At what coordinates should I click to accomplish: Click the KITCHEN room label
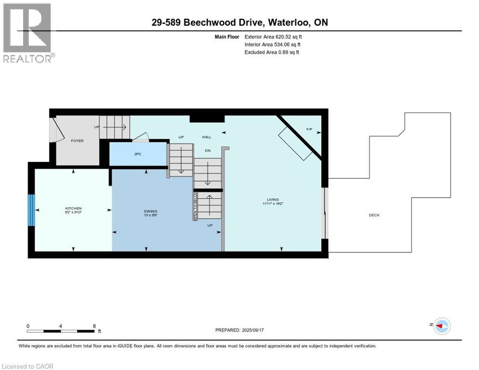pyautogui.click(x=73, y=208)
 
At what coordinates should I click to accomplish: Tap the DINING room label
pyautogui.click(x=150, y=211)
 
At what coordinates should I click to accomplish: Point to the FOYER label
pyautogui.click(x=77, y=141)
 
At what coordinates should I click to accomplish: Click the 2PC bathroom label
pyautogui.click(x=137, y=154)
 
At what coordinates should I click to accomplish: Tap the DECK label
pyautogui.click(x=374, y=215)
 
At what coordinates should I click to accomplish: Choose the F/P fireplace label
pyautogui.click(x=309, y=130)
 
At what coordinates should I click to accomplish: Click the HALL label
pyautogui.click(x=207, y=137)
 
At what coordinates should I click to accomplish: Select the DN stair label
pyautogui.click(x=208, y=151)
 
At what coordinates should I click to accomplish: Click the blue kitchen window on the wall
pyautogui.click(x=31, y=210)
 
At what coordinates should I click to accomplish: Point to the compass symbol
pyautogui.click(x=441, y=326)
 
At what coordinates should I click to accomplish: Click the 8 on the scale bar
pyautogui.click(x=93, y=326)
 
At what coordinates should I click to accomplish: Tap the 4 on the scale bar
pyautogui.click(x=61, y=326)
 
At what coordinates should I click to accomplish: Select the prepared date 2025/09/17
pyautogui.click(x=239, y=330)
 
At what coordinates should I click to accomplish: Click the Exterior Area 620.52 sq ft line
pyautogui.click(x=273, y=37)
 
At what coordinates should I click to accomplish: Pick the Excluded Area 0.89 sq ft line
pyautogui.click(x=272, y=52)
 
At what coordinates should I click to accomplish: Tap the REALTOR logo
pyautogui.click(x=28, y=33)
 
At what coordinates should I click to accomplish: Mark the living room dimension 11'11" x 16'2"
pyautogui.click(x=273, y=204)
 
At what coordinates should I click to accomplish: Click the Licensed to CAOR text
pyautogui.click(x=28, y=366)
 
